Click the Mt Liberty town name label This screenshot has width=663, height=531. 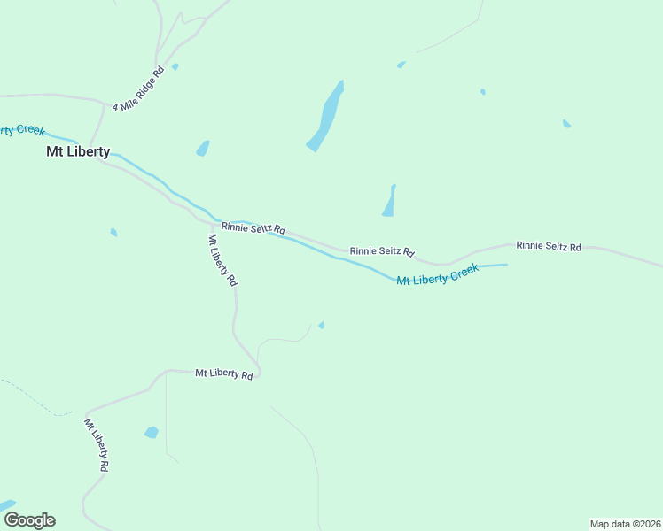click(x=78, y=151)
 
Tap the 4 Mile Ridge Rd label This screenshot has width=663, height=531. click(x=138, y=88)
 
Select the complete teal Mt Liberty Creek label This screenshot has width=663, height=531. click(x=437, y=274)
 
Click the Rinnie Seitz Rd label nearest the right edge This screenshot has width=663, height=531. click(x=549, y=246)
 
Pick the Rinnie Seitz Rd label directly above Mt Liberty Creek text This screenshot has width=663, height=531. click(x=382, y=251)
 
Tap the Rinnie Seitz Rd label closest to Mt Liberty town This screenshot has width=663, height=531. click(x=253, y=228)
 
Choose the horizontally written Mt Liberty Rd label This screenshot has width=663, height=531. click(x=224, y=374)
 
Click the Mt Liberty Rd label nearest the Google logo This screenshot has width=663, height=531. click(x=97, y=444)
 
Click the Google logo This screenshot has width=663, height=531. click(x=29, y=519)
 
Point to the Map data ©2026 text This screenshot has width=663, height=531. click(x=624, y=524)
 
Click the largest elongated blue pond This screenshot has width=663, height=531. click(x=326, y=118)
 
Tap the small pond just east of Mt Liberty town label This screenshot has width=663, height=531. click(x=203, y=148)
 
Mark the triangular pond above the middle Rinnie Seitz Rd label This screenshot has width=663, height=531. click(x=389, y=202)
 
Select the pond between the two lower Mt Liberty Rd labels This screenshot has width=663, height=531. click(x=152, y=433)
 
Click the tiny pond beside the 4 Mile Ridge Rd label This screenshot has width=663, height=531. click(x=175, y=66)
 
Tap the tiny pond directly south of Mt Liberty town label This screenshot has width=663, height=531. click(x=113, y=233)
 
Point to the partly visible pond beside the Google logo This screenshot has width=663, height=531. click(x=7, y=505)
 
